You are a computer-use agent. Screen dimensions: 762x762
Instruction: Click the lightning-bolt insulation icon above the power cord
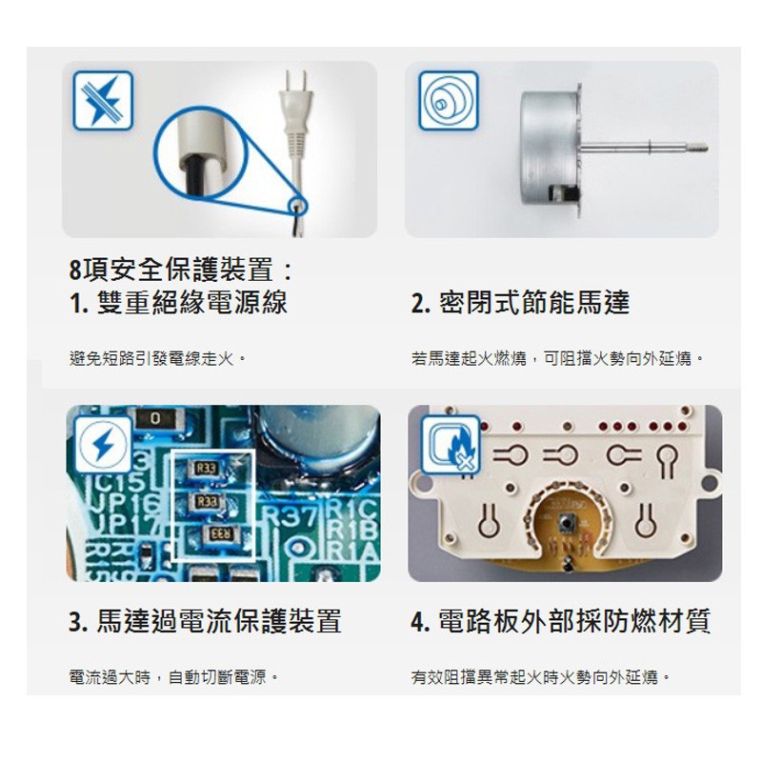tap(103, 101)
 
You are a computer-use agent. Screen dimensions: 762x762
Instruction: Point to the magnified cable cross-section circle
tap(201, 152)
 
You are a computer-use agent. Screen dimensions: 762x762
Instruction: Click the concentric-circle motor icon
tap(449, 101)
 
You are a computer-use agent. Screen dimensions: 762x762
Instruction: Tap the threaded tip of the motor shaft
tap(699, 148)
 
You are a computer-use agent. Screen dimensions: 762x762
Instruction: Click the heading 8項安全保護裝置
tap(181, 270)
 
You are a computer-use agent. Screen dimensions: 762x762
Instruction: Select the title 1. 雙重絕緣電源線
tap(178, 302)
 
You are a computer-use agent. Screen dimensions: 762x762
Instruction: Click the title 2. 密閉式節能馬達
tap(520, 302)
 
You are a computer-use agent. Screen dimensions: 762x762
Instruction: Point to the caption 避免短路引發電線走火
tap(158, 359)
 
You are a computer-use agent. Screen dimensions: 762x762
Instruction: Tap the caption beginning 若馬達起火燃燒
tap(557, 359)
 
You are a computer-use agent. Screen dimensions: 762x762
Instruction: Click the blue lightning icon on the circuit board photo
tap(103, 444)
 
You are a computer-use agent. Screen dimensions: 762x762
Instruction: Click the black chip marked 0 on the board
tap(155, 419)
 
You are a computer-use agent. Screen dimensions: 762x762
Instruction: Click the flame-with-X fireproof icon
tap(451, 445)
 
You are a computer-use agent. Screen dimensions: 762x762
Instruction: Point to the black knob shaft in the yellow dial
tap(566, 523)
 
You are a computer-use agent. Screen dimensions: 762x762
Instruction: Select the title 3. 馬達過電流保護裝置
tap(205, 621)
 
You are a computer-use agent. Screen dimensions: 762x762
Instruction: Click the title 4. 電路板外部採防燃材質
tap(560, 621)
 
